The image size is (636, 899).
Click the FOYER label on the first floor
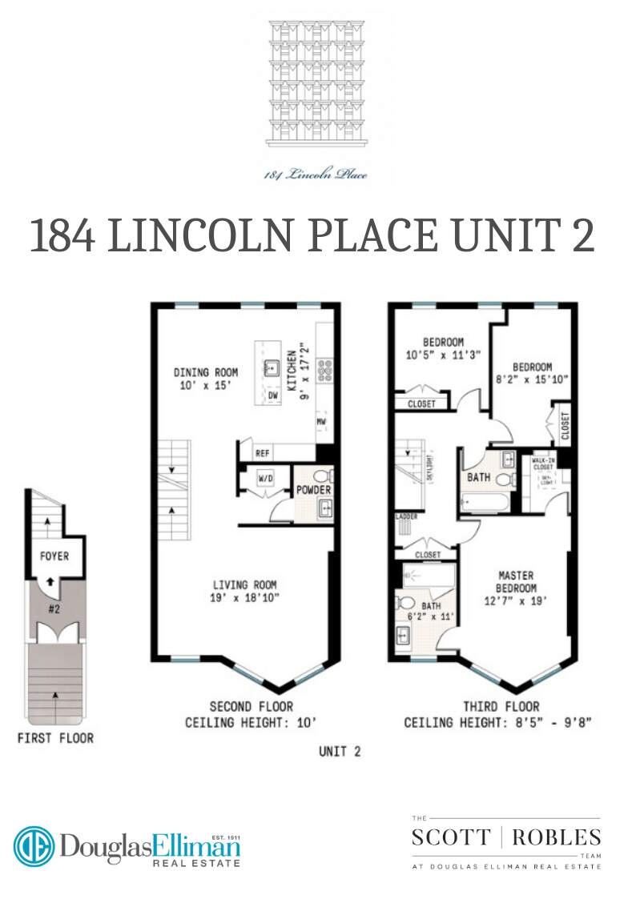(x=54, y=556)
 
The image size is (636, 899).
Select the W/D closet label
(x=266, y=480)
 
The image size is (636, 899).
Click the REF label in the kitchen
(x=263, y=453)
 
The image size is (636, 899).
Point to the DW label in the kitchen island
(x=272, y=395)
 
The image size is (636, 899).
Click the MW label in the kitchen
(x=321, y=420)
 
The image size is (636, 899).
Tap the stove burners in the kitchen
(x=326, y=369)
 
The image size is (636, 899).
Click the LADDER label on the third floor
(x=406, y=517)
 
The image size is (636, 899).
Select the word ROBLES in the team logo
(x=556, y=838)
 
